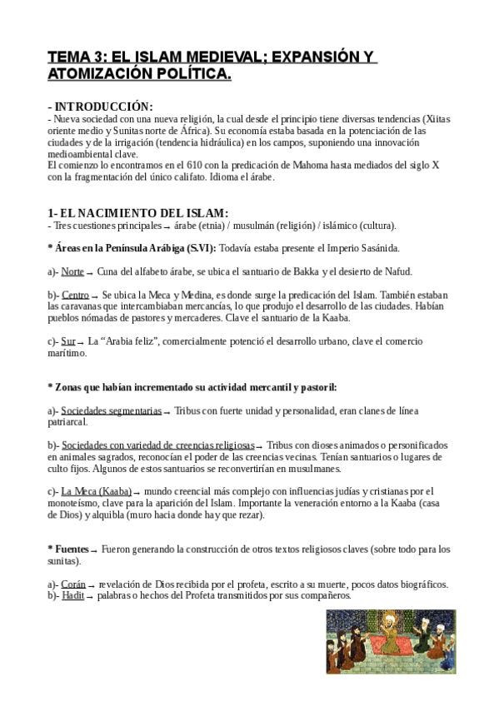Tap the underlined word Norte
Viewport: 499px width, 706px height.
72,271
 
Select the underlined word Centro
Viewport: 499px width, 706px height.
75,295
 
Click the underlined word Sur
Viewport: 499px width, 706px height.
68,341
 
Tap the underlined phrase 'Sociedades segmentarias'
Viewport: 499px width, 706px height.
111,411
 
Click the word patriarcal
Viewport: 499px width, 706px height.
72,423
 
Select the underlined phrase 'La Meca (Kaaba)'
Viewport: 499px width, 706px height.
96,491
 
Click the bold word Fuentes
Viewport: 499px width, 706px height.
70,549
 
